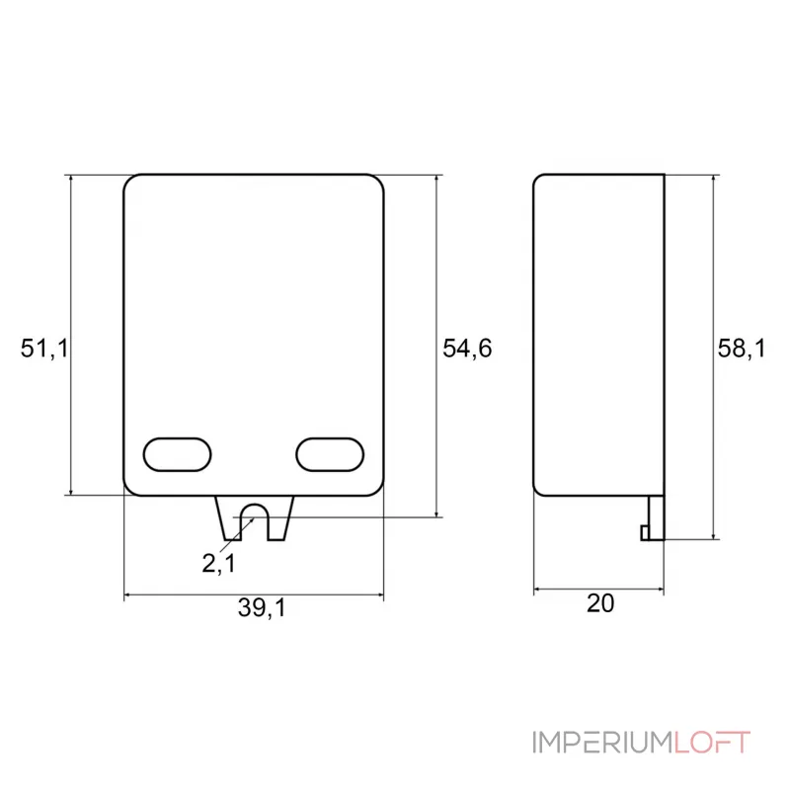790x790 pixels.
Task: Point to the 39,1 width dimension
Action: (x=261, y=610)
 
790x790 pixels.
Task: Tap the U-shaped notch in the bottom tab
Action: (x=254, y=519)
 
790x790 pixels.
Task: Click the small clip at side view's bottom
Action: (x=652, y=519)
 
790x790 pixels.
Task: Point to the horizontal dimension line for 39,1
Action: (x=197, y=595)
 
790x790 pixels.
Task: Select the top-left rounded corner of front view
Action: (x=129, y=181)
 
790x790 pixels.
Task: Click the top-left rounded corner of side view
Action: (x=537, y=179)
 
